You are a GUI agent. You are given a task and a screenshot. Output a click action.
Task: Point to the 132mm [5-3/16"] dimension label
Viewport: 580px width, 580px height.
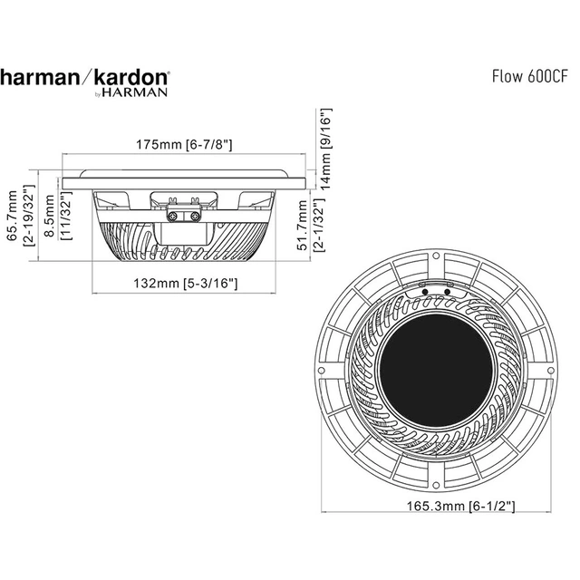186,284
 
